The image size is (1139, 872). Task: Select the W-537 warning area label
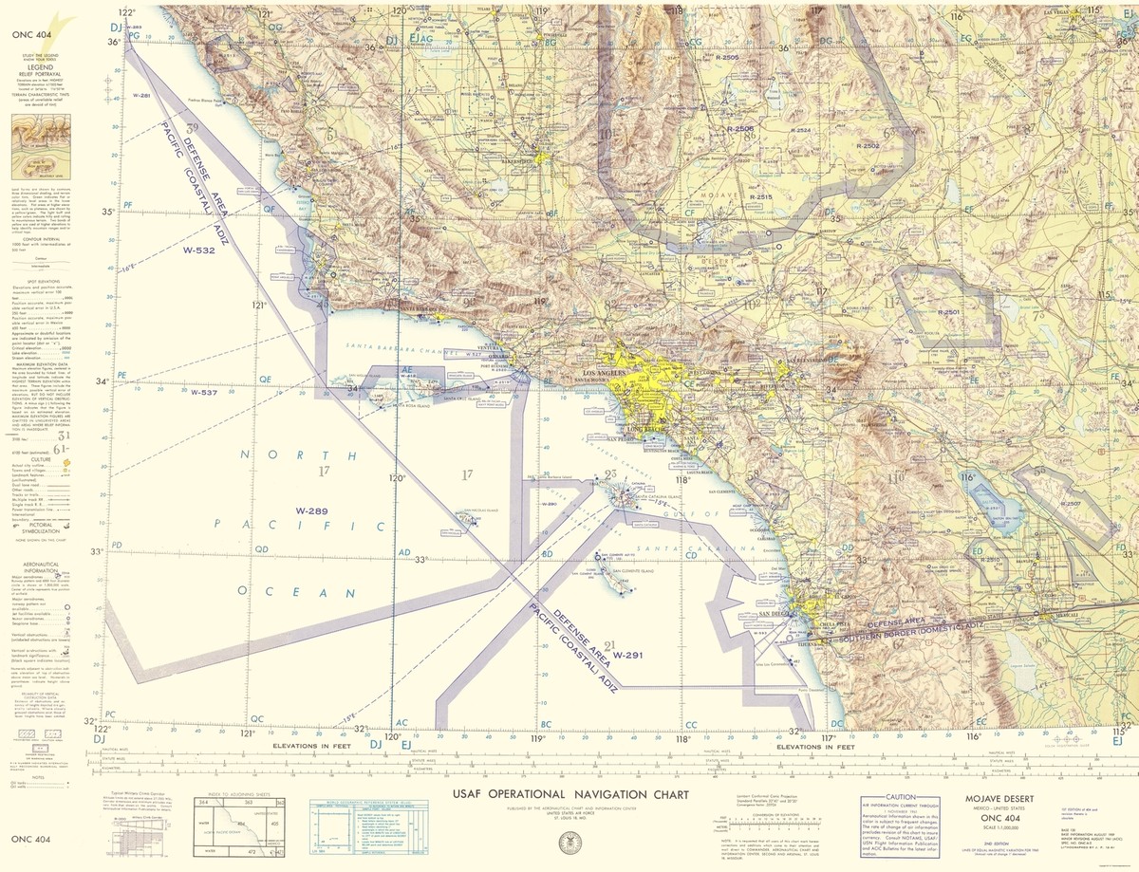pyautogui.click(x=203, y=392)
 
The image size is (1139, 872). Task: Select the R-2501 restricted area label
pyautogui.click(x=948, y=312)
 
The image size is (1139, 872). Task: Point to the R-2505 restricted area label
pyautogui.click(x=728, y=58)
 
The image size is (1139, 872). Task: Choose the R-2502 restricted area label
pyautogui.click(x=867, y=146)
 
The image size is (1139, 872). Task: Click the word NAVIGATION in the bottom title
pyautogui.click(x=581, y=793)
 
